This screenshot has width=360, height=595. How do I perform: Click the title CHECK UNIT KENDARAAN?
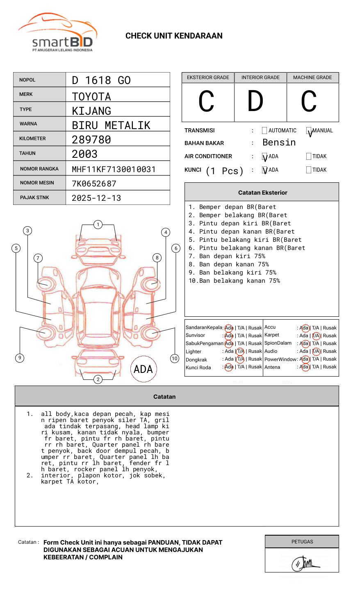coord(174,36)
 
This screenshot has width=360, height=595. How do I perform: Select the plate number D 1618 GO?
coord(101,80)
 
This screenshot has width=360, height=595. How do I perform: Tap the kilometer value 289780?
coord(91,140)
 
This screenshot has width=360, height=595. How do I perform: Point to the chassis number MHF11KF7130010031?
coord(114,169)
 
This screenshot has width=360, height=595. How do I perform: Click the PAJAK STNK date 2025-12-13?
coord(96,198)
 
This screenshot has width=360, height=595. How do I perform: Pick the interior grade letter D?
coord(255,102)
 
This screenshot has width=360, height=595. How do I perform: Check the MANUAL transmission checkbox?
coord(309,131)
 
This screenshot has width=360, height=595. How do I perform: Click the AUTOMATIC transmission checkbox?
coord(264,131)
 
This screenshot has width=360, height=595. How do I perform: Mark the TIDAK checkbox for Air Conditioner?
coord(309,157)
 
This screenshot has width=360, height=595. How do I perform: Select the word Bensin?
coord(279,143)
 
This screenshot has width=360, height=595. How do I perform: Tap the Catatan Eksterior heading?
coord(262,193)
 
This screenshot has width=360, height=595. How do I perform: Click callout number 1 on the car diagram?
coord(98,225)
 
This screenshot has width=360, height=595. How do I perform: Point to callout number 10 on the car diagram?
coord(175,359)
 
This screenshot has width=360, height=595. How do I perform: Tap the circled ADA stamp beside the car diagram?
coord(143,369)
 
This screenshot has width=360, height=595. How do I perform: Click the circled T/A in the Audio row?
coord(316,351)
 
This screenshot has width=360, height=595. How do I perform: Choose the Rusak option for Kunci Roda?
coord(255,367)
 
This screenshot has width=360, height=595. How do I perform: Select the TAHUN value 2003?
coord(85,154)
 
